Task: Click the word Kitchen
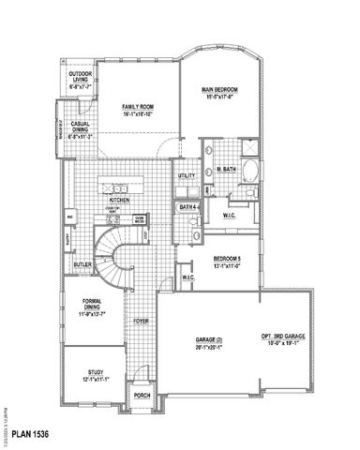pos(119,200)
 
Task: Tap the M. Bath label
pos(225,169)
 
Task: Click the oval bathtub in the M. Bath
pos(249,172)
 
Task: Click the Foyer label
pos(142,321)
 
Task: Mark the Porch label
pos(142,396)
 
